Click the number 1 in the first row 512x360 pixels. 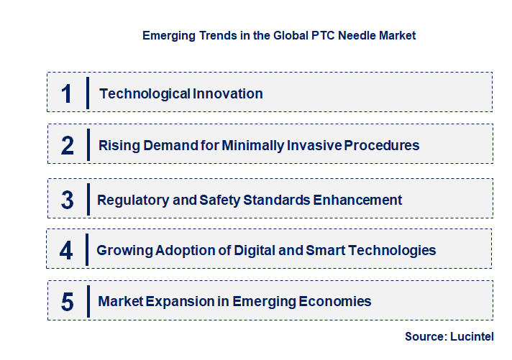tap(67, 93)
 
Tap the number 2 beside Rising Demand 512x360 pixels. tap(68, 146)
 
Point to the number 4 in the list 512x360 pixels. tap(67, 251)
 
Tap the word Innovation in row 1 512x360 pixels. tap(228, 93)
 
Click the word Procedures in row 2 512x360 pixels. tap(382, 145)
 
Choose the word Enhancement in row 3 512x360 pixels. tap(359, 200)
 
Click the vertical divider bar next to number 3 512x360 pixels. tap(88, 198)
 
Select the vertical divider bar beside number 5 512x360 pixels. tap(88, 300)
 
